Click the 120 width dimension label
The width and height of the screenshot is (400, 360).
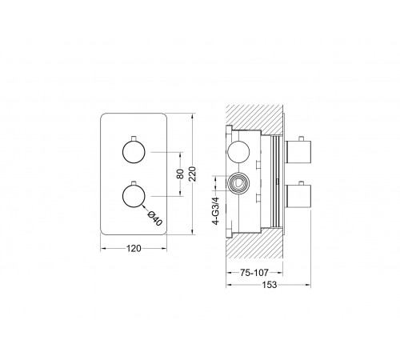pos(134,249)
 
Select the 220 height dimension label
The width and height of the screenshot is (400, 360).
pos(193,174)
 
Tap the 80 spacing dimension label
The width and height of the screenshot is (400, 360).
pos(181,174)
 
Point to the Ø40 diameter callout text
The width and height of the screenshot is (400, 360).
pos(155,218)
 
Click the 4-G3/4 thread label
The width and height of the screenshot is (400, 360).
pos(216,210)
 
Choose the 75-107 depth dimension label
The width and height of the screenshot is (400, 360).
pos(254,273)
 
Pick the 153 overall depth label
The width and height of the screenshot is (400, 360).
pos(270,285)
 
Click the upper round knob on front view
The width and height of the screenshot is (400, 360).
pos(134,152)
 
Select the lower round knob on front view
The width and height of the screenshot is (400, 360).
pos(134,196)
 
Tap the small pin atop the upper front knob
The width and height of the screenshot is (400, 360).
pos(134,138)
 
